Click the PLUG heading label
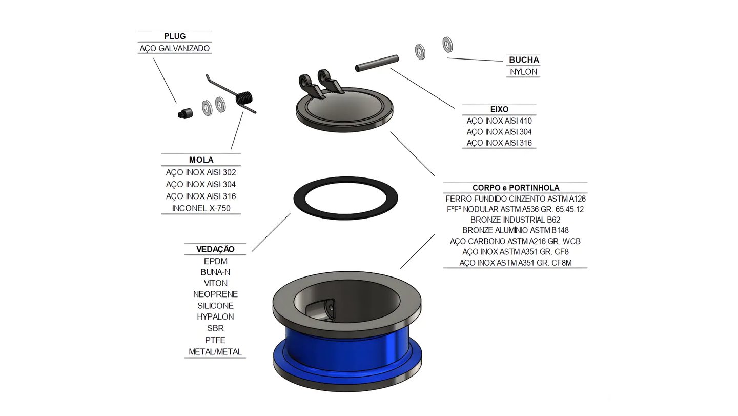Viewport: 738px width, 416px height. click(x=175, y=36)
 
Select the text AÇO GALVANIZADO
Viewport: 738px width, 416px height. click(x=175, y=49)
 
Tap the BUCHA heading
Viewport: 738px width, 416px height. click(x=524, y=60)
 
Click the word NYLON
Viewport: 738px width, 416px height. click(x=524, y=72)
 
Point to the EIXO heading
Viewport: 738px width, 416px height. click(x=499, y=109)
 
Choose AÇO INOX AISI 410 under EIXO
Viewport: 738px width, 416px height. click(x=499, y=121)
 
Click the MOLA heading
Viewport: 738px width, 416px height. click(x=201, y=160)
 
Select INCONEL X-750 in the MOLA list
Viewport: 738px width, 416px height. click(x=201, y=208)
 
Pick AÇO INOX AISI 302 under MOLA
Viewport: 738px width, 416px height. click(x=201, y=172)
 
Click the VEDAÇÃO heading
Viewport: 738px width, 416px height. click(x=215, y=249)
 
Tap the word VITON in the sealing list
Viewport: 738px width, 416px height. click(x=215, y=283)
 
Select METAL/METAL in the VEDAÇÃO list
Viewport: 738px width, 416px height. click(x=215, y=352)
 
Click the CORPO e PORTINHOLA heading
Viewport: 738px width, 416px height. click(x=516, y=188)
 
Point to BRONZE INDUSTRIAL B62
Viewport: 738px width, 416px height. click(x=516, y=220)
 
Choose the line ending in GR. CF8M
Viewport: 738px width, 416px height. click(x=516, y=263)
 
